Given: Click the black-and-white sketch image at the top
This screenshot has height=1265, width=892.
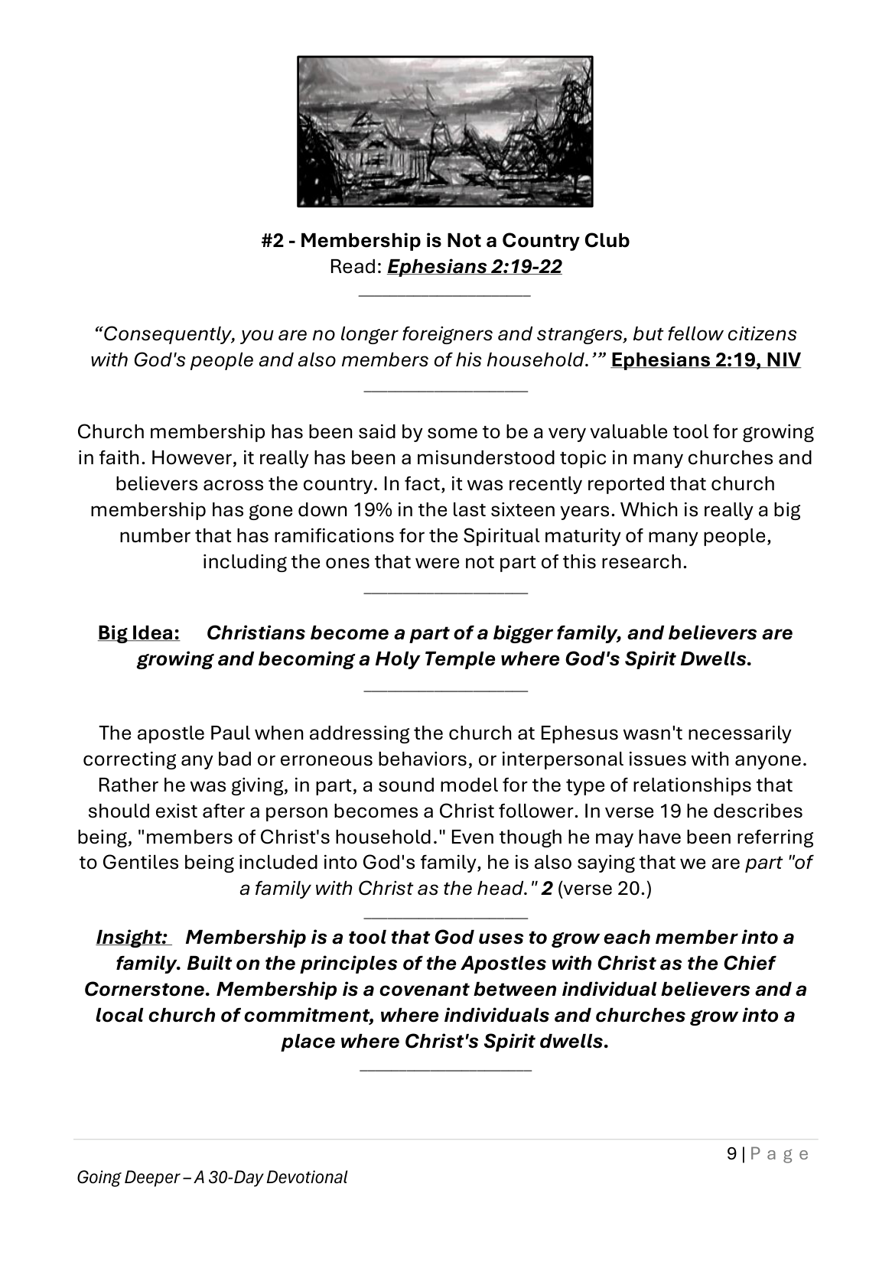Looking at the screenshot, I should pos(444,132).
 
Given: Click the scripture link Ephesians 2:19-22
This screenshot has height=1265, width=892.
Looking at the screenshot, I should pos(474,267).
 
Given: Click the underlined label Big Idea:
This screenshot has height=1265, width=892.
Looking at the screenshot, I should pos(138,633).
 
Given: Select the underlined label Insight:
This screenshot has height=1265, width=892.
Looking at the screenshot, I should pos(132,938).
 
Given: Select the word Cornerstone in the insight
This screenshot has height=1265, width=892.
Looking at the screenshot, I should pos(146,990).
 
